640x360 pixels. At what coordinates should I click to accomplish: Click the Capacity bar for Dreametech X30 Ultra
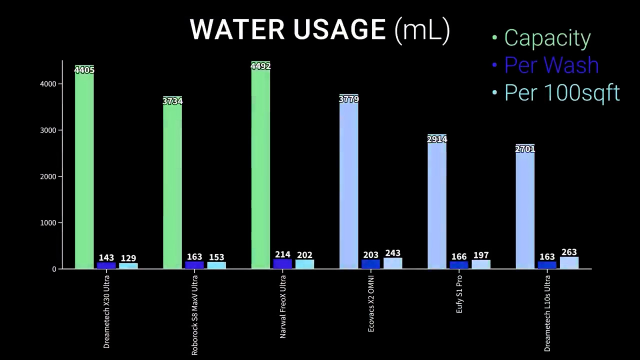pos(84,170)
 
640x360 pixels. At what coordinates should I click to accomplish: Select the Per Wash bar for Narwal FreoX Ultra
pos(282,264)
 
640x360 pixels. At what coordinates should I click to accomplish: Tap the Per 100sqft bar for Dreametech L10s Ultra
pos(569,263)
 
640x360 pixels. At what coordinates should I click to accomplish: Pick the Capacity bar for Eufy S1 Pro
pos(437,205)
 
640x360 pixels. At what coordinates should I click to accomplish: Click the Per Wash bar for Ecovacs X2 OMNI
pos(371,264)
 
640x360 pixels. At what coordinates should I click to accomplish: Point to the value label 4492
pos(260,66)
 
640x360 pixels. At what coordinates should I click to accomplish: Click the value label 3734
pos(172,101)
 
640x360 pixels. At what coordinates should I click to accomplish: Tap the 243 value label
pos(393,253)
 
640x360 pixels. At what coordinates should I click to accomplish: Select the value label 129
pos(128,258)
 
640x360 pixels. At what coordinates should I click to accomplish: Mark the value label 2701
pos(525,149)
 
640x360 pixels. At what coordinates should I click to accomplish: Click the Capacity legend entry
pos(547,38)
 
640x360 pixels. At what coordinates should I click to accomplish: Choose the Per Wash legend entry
pos(551,65)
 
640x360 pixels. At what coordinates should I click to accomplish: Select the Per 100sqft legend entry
pos(561,92)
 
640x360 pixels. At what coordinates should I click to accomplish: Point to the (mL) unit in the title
pos(422,30)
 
